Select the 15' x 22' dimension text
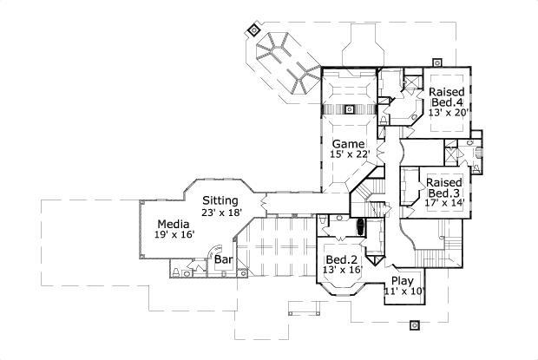350,154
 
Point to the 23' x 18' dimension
221,212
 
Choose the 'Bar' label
223,259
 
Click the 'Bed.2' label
341,259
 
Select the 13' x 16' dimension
341,271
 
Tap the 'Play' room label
402,280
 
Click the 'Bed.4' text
447,101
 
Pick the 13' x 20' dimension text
447,113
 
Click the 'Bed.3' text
443,193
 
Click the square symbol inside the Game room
351,109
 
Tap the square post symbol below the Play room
415,327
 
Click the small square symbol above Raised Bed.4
437,62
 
